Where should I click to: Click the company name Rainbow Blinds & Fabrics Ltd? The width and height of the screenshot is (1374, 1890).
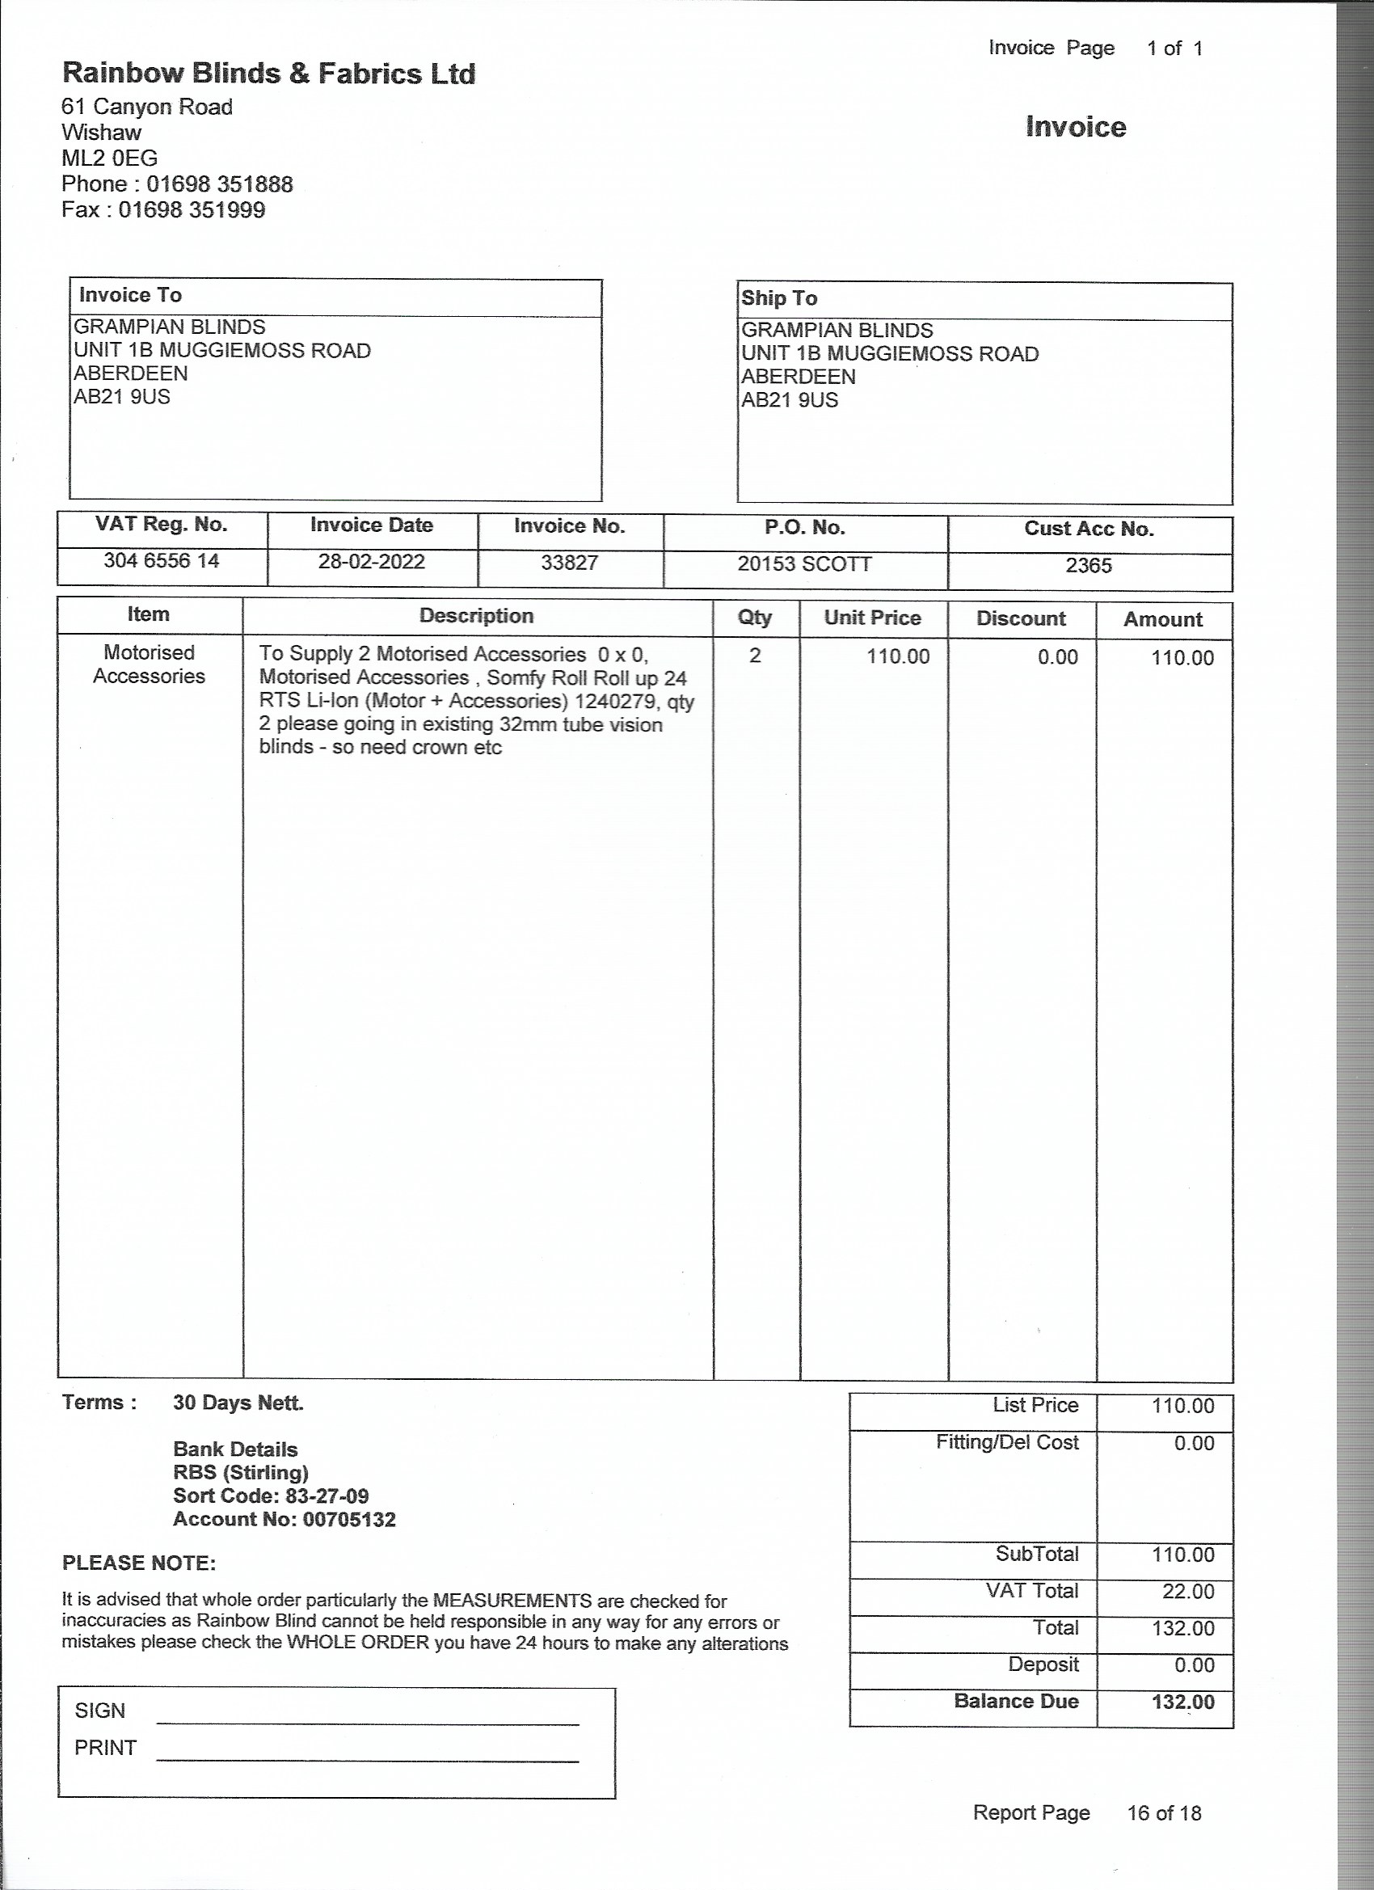coord(268,74)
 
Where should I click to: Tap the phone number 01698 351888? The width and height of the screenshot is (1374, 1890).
coord(220,184)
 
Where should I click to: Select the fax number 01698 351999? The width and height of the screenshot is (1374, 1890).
coord(192,210)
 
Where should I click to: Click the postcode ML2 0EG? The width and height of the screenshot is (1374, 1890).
coord(109,158)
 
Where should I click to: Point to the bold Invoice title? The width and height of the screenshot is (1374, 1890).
coord(1075,128)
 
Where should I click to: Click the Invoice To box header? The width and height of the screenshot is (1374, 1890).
coord(130,295)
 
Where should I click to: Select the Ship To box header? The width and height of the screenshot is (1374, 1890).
coord(779,298)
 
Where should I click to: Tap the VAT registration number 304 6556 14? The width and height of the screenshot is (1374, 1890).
coord(161,561)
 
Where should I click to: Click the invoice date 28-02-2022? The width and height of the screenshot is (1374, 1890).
coord(371,562)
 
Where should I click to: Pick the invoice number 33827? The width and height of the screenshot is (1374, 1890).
coord(569,563)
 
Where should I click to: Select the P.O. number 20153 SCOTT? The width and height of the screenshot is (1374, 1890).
coord(804,564)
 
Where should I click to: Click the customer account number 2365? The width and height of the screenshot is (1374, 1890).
coord(1088,566)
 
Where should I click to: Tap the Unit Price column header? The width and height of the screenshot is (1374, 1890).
coord(872,618)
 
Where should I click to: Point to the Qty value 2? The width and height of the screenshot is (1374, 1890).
coord(755,656)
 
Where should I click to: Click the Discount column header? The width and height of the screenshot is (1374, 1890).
coord(1021,619)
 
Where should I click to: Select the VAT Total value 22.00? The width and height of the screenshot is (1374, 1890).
coord(1187,1592)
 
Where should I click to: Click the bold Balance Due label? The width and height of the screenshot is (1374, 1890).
coord(1016,1702)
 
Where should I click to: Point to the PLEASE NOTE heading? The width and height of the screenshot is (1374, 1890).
coord(138,1563)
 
